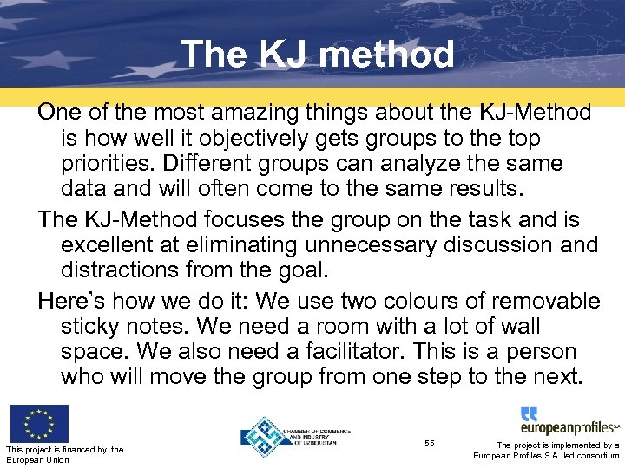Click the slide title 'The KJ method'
click(x=317, y=55)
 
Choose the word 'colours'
click(x=424, y=302)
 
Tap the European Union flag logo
click(x=39, y=424)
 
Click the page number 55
click(x=429, y=444)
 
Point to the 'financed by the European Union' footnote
click(x=64, y=454)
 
